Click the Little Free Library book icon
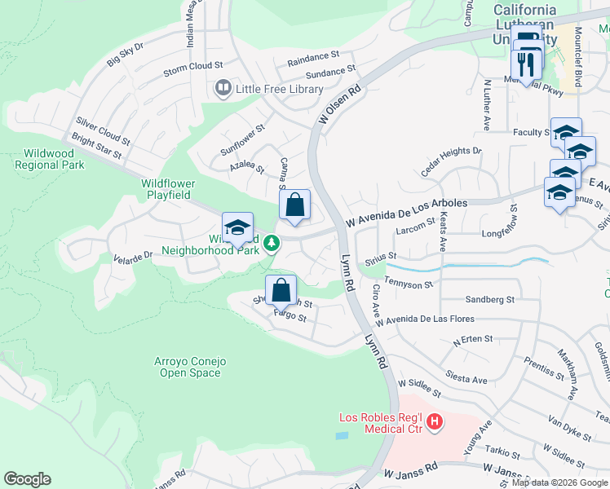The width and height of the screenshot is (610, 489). point(222,87)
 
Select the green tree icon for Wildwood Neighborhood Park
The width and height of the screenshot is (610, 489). point(275,242)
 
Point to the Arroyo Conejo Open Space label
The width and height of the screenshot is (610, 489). point(189,367)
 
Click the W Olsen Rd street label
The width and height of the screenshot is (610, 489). point(339,106)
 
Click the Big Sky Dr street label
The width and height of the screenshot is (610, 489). point(125,54)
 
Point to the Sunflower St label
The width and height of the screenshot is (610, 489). point(243,140)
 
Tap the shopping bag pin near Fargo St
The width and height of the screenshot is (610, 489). point(281,290)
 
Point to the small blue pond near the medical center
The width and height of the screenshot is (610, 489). point(341,436)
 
